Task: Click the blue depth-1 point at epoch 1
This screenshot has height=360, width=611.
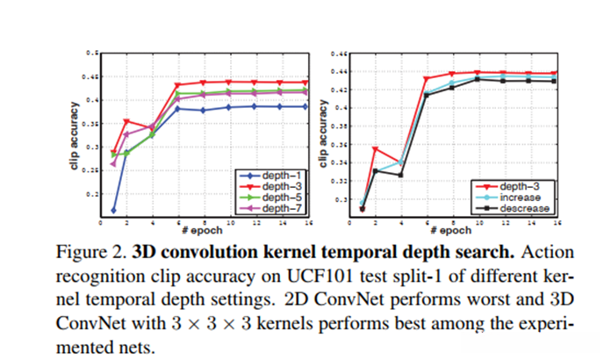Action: (114, 211)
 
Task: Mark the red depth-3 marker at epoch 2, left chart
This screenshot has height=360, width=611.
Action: (127, 121)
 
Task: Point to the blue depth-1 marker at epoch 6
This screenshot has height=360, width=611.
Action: (177, 109)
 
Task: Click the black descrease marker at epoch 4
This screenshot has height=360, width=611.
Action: (401, 175)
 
